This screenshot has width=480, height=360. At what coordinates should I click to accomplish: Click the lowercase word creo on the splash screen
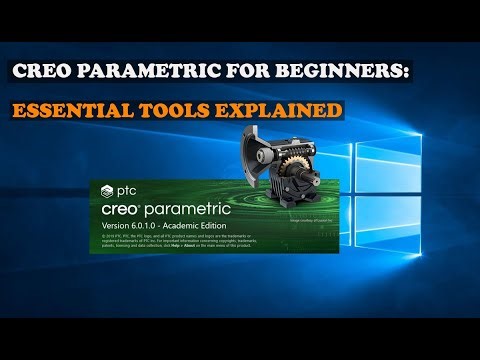pyautogui.click(x=126, y=211)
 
